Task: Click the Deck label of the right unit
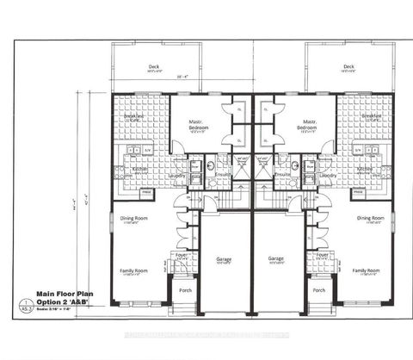coord(348,66)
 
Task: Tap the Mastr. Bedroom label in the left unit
coord(197,125)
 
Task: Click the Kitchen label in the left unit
coord(139,169)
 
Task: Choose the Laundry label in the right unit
coord(328,176)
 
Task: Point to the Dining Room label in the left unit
coord(133,218)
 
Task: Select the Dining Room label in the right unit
coord(371,218)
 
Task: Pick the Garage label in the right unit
coord(276,258)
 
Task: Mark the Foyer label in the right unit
coord(322,255)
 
